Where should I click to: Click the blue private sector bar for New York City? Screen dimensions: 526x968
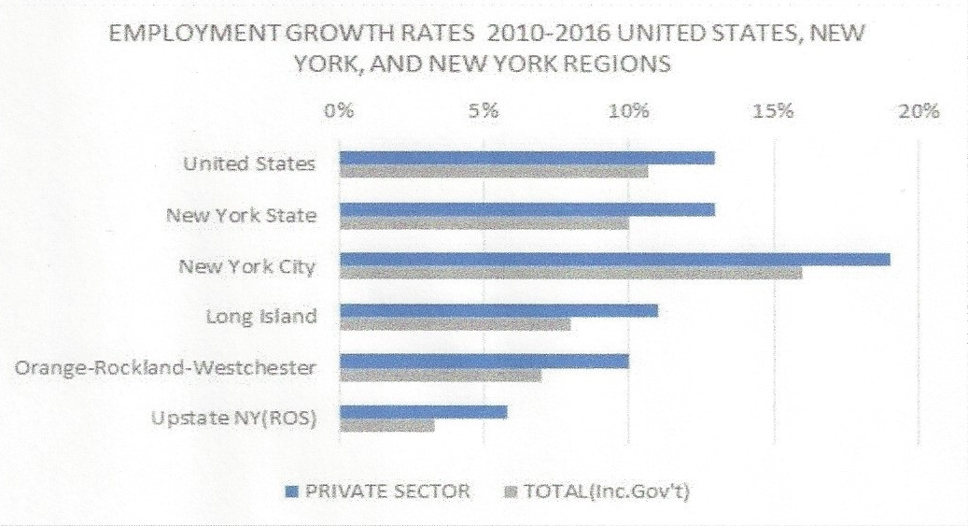point(614,259)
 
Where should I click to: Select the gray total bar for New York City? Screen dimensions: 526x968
point(570,273)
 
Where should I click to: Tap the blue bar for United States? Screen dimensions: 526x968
point(526,158)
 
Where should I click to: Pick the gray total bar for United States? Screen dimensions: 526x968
point(493,172)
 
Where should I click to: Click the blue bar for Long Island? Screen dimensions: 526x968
point(498,310)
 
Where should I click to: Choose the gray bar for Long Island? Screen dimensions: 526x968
point(455,324)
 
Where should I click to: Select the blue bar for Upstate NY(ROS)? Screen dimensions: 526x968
point(423,411)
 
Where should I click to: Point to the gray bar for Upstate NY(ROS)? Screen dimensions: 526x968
point(386,425)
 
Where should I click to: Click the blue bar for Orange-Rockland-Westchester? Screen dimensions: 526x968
point(484,361)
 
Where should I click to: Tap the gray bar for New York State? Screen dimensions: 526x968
point(484,222)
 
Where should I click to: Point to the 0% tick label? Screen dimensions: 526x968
point(338,112)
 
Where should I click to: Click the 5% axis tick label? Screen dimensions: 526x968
point(484,112)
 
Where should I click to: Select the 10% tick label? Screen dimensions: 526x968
point(628,112)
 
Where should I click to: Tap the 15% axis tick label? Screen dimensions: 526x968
point(774,112)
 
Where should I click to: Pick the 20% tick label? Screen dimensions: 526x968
point(919,112)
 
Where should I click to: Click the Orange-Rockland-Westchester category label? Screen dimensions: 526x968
point(165,367)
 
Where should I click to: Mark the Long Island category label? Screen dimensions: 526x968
point(260,316)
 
